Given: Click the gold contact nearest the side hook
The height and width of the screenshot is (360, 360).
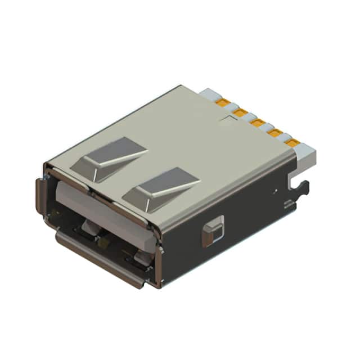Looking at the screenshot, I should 291,144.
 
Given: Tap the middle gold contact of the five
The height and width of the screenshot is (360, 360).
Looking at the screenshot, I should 258,123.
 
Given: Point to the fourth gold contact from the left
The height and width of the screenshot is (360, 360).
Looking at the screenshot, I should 274,133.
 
